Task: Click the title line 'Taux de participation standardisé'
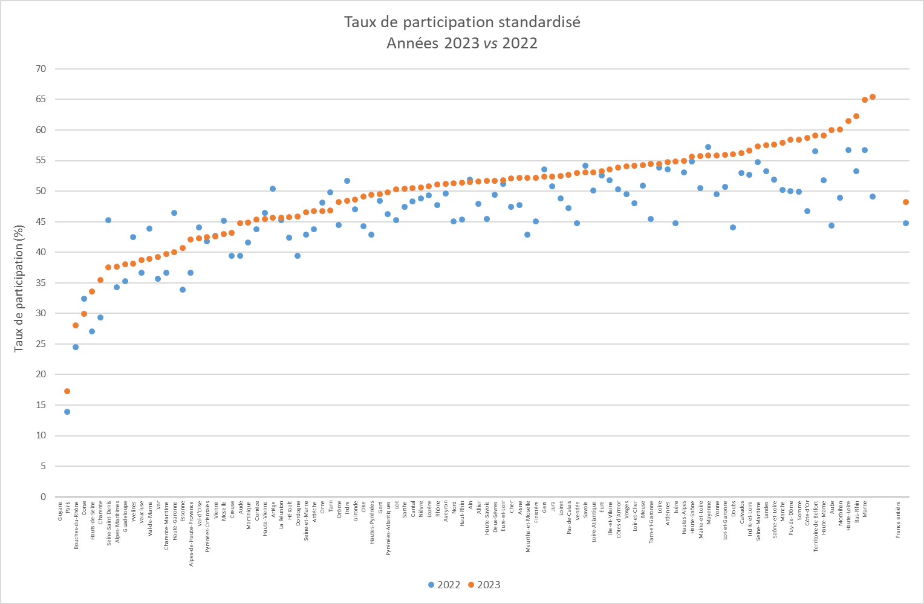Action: (x=462, y=22)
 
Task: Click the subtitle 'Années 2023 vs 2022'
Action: (x=462, y=44)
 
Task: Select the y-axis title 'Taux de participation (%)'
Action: (x=19, y=288)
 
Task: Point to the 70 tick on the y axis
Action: (x=41, y=69)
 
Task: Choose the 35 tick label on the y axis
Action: (x=41, y=283)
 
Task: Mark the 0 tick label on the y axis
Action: (x=43, y=497)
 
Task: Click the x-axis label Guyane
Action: (x=60, y=510)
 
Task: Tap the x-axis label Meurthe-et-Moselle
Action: (x=529, y=525)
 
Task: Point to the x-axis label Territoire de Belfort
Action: (x=816, y=525)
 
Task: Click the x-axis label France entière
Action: (x=898, y=519)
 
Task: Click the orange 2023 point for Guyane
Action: (x=67, y=391)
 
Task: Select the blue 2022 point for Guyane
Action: (x=67, y=412)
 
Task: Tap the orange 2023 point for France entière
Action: (x=906, y=202)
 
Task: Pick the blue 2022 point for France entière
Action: (x=906, y=223)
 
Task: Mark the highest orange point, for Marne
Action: (x=873, y=97)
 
